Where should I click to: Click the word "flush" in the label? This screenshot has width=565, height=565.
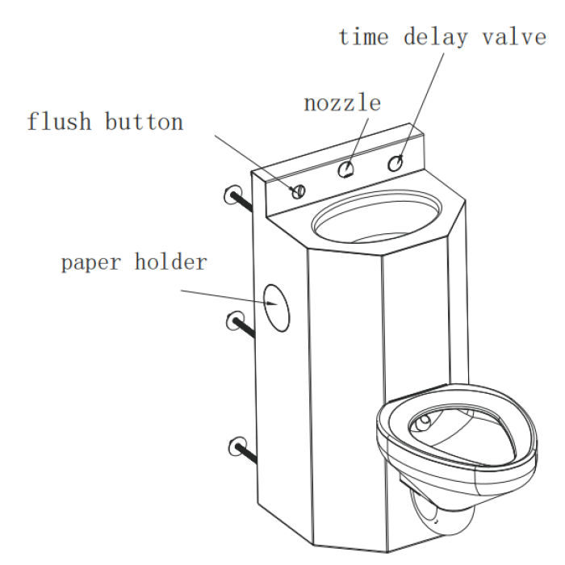pos(59,121)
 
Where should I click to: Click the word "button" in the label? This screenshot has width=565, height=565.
pos(144,121)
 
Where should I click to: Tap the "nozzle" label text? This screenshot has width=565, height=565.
pos(343,103)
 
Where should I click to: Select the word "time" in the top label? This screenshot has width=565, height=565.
pos(364,37)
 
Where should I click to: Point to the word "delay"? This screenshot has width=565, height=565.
pos(436,38)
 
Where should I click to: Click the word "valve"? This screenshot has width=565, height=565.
pos(515,37)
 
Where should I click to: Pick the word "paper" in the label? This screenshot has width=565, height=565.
pos(91,262)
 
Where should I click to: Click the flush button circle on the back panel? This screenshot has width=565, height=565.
pos(299,191)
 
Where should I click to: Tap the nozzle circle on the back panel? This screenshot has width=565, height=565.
pos(346,169)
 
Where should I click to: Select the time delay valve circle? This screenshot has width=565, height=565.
pos(395,163)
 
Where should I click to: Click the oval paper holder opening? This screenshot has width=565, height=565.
pos(277,308)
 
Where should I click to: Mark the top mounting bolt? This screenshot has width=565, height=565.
pos(238,199)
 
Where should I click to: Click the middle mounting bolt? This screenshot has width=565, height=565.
pos(241,324)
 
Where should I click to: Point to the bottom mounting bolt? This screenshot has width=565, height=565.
pos(243,450)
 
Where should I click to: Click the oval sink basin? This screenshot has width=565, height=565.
pos(377,216)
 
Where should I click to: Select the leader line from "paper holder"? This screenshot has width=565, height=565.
pos(229,297)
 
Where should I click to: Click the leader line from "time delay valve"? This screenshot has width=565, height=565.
pos(421,107)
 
